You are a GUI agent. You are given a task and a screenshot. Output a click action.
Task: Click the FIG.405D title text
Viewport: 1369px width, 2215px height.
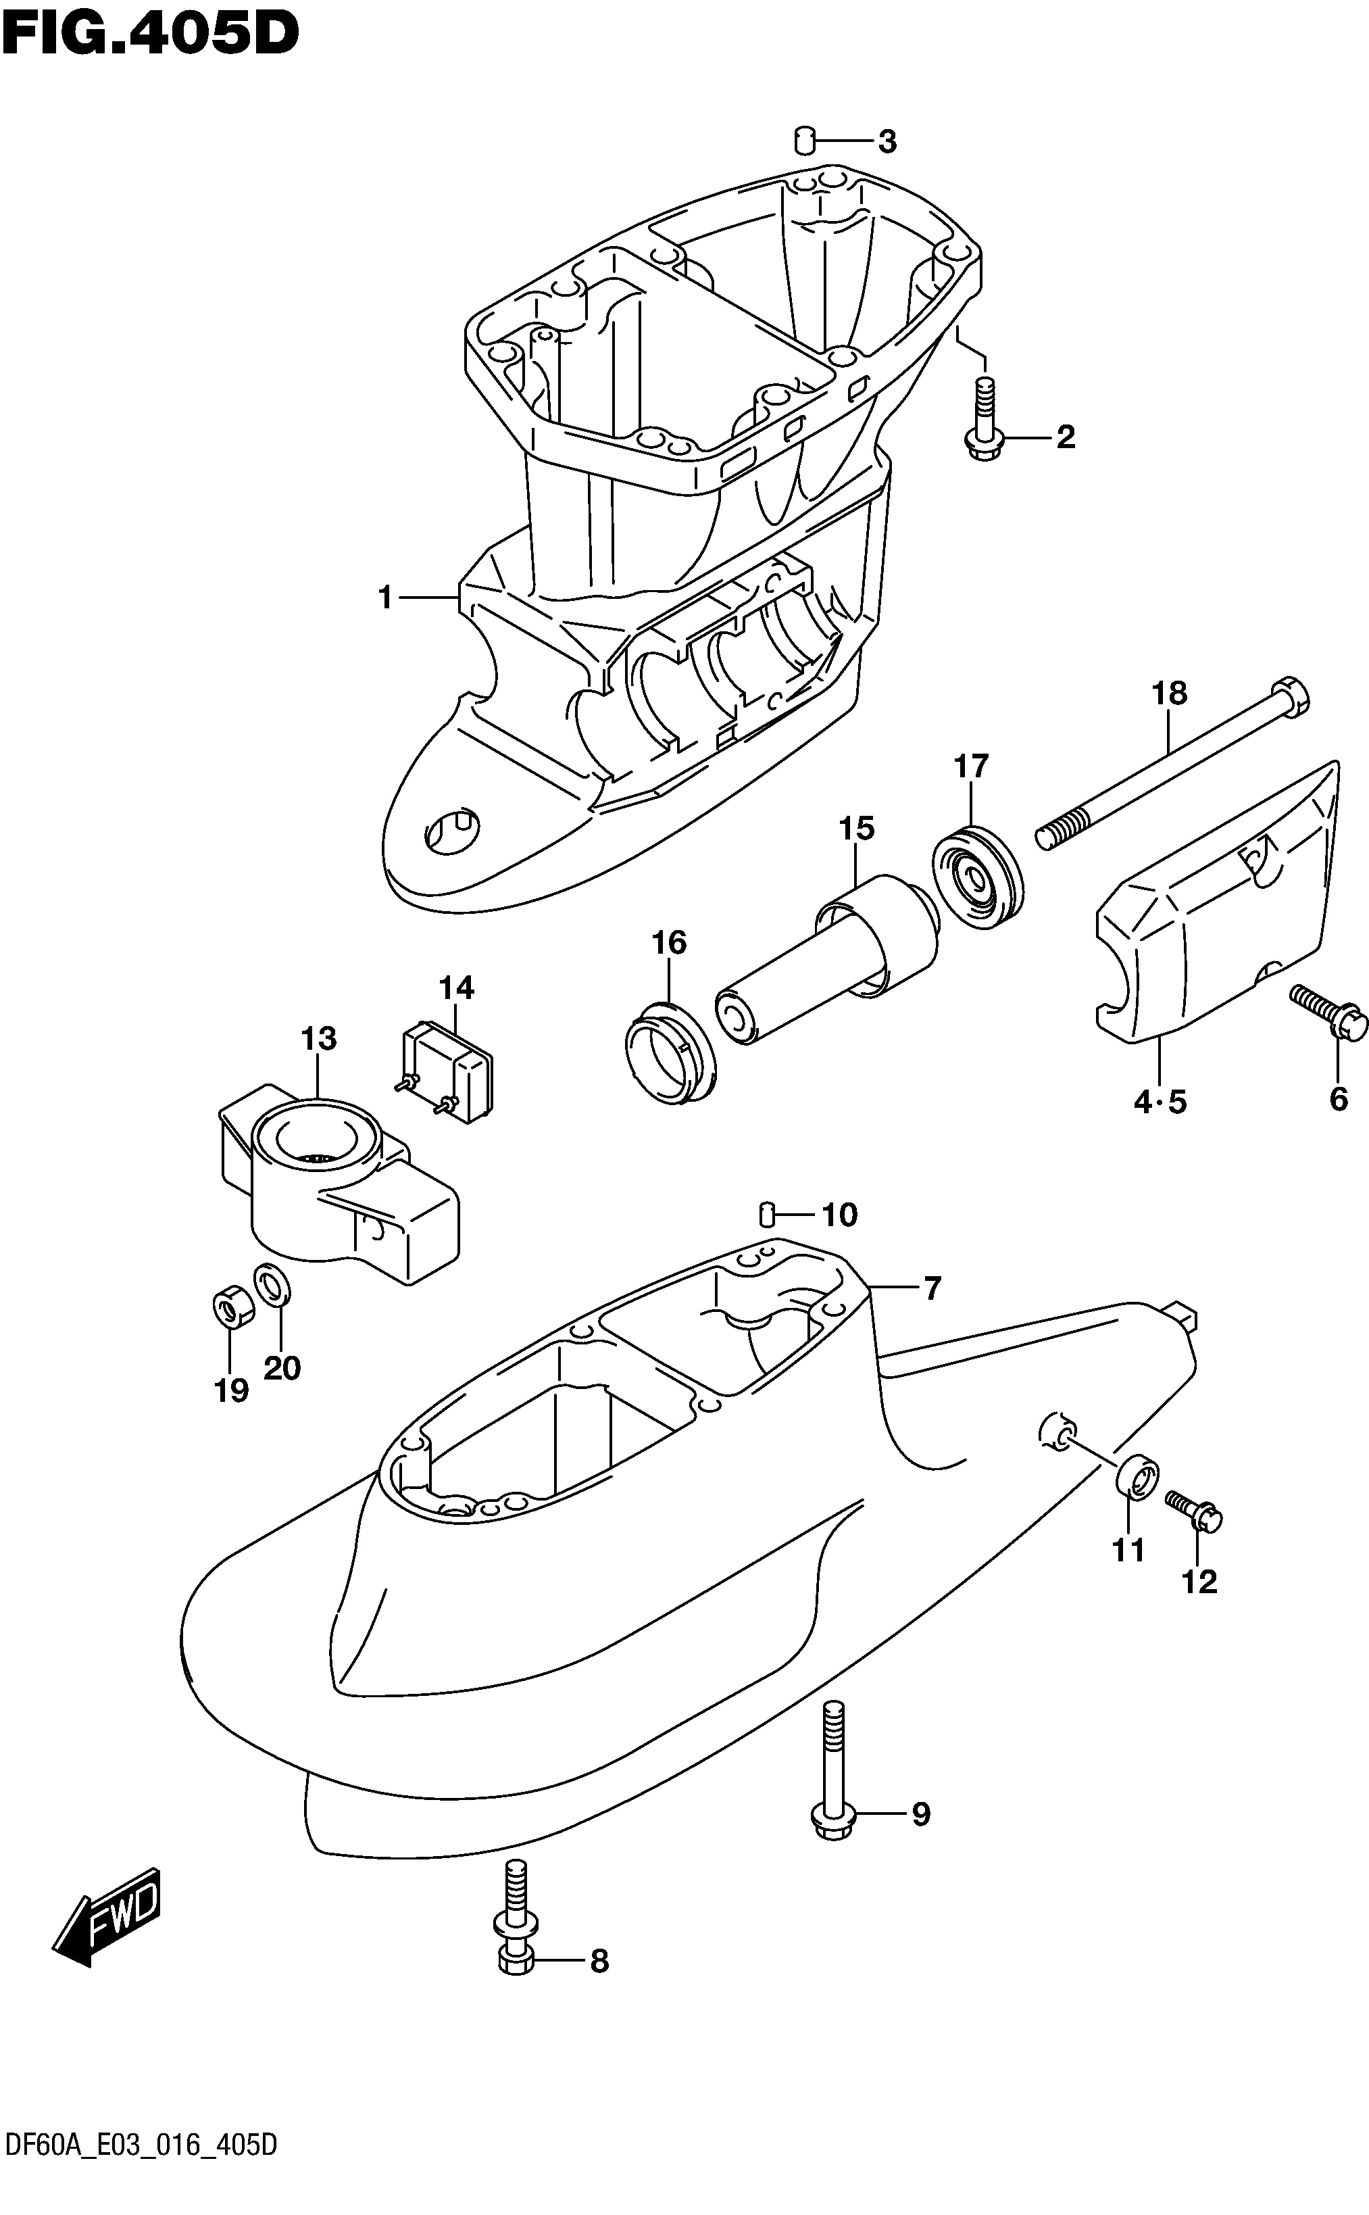coord(150,34)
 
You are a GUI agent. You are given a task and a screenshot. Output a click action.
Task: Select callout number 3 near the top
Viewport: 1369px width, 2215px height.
coord(887,141)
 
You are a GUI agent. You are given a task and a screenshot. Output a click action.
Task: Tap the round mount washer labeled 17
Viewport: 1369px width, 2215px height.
coord(977,876)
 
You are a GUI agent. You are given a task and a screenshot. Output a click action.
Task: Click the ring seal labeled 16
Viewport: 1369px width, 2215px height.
coord(670,1052)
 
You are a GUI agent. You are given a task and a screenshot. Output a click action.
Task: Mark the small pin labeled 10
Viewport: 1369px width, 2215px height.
coord(767,1211)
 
